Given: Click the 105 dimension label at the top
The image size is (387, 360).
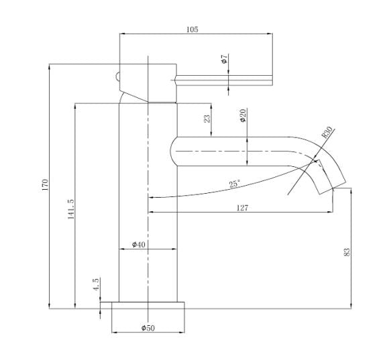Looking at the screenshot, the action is (x=192, y=29).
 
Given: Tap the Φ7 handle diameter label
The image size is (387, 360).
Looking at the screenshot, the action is (x=224, y=59).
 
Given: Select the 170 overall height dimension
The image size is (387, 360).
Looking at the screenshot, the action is (x=45, y=185).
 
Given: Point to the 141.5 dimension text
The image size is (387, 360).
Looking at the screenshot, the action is (x=71, y=209).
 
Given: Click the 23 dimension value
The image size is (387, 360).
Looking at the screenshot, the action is (x=207, y=119).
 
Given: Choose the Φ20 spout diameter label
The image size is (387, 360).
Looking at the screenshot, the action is (x=243, y=115).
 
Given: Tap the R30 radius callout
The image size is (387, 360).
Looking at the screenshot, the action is (x=327, y=132).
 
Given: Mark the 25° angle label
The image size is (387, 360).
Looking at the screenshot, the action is (x=235, y=184).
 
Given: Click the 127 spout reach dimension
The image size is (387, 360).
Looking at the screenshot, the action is (x=242, y=208).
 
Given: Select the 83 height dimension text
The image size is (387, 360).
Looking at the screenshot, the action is (x=347, y=252).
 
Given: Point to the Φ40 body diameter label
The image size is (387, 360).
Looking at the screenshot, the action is (x=139, y=244).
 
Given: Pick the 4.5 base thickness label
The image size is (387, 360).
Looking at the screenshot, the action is (x=96, y=284).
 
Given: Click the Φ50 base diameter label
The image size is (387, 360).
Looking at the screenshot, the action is (x=148, y=328).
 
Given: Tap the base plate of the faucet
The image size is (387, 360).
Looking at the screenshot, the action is (x=148, y=305).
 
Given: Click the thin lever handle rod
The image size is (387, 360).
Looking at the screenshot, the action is (x=224, y=80).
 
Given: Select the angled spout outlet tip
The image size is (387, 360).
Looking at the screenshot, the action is (x=331, y=177).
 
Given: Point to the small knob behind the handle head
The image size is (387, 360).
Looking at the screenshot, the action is (x=117, y=76).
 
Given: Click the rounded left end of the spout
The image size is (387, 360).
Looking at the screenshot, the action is (x=174, y=151).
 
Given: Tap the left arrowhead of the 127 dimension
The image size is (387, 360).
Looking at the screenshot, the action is (x=150, y=212).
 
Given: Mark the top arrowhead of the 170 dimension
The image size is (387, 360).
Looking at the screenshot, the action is (x=50, y=66).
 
